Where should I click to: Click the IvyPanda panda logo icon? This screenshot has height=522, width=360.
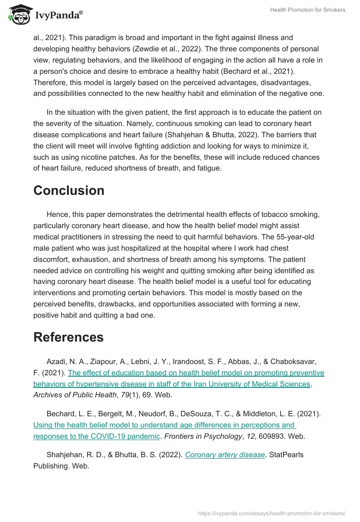[x=18, y=15]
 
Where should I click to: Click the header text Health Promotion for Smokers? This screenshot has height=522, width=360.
[x=307, y=10]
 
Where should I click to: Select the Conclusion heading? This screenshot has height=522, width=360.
[x=69, y=190]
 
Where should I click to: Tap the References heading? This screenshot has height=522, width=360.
[x=68, y=337]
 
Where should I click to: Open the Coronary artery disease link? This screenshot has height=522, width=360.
[x=225, y=454]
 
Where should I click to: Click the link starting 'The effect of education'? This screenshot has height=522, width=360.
[x=196, y=373]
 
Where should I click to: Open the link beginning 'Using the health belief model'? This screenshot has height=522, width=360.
[x=164, y=425]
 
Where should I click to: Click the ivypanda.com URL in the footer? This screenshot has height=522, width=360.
[x=271, y=513]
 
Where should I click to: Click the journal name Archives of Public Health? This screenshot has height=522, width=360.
[x=70, y=395]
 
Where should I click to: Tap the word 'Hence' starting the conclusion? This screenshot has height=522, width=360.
[x=56, y=214]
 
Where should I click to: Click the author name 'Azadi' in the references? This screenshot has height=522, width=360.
[x=56, y=361]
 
